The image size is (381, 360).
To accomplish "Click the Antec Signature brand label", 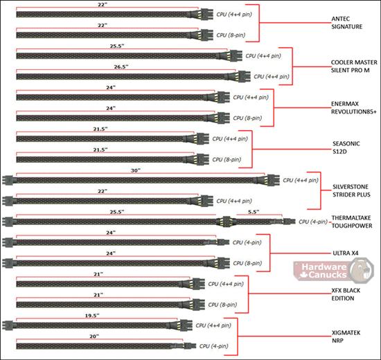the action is [x=347, y=23].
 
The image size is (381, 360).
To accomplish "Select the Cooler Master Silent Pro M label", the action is [x=354, y=66].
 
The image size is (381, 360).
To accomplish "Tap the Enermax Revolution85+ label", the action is [x=353, y=108].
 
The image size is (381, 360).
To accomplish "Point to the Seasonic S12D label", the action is [x=346, y=147].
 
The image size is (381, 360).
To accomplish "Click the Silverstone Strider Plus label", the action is [x=351, y=190].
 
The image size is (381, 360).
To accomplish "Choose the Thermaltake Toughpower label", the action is [x=352, y=222].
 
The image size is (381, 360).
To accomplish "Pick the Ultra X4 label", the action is [x=345, y=253].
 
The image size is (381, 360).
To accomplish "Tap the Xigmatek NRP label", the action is [x=346, y=336].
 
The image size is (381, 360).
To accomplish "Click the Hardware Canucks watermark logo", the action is [x=333, y=271].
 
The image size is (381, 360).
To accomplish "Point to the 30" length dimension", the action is [x=136, y=170].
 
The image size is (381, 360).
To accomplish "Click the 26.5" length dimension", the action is [x=121, y=66].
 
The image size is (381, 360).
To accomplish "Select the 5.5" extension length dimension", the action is [x=254, y=212].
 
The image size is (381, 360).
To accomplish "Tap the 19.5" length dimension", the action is [x=92, y=316].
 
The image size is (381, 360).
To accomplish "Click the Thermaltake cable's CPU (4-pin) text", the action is [x=313, y=222].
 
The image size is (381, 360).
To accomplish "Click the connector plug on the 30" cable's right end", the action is [x=273, y=180].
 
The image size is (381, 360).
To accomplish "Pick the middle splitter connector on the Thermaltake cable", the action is [x=227, y=222].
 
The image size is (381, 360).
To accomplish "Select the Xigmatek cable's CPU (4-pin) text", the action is [x=213, y=346].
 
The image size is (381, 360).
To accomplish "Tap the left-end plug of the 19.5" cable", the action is [x=8, y=325].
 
